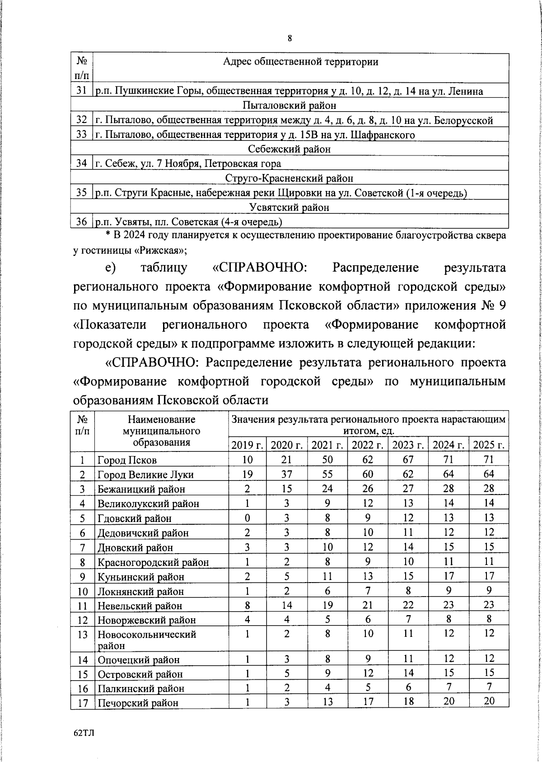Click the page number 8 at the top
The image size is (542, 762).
pos(290,38)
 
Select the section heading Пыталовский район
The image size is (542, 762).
pos(289,106)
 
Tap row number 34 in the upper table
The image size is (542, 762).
pos(81,163)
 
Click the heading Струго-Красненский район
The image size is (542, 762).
pos(289,179)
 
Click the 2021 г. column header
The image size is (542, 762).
pos(327,445)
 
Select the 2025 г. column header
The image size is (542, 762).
pos(489,445)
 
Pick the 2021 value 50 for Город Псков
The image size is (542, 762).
pos(327,460)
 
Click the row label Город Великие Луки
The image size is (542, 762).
pos(145,475)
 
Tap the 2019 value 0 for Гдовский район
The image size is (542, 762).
pos(248,518)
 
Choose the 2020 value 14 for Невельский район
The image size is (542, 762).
pos(287,605)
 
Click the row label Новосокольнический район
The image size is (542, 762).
pos(147,640)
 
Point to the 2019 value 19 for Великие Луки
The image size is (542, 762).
pos(248,474)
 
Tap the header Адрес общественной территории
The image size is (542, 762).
pos(300,62)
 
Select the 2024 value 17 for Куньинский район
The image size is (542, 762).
pos(449,576)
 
